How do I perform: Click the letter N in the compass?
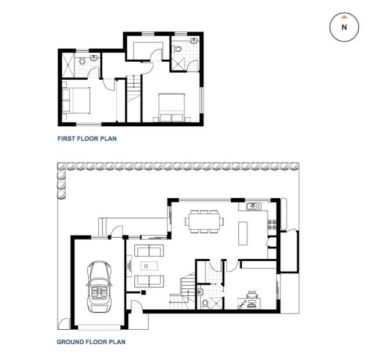coord(344,27)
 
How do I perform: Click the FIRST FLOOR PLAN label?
coord(87,138)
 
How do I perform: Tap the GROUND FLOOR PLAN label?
coord(91,342)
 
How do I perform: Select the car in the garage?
coord(99,287)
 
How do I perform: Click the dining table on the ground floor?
coord(204,222)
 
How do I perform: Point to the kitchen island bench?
coord(243,233)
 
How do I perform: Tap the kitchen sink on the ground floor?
coord(253,206)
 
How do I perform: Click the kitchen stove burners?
coord(272,224)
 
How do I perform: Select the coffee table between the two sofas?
coord(149,266)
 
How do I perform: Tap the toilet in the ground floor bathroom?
coord(205,304)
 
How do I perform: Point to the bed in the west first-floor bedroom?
coord(76,101)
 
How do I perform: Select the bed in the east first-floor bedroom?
coord(172,108)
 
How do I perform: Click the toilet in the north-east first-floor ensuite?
coord(177,49)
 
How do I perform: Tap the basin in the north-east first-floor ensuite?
coord(194,41)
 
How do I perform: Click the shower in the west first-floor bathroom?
coord(68,65)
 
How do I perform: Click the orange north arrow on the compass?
coord(344,17)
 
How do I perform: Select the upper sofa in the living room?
coord(149,251)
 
